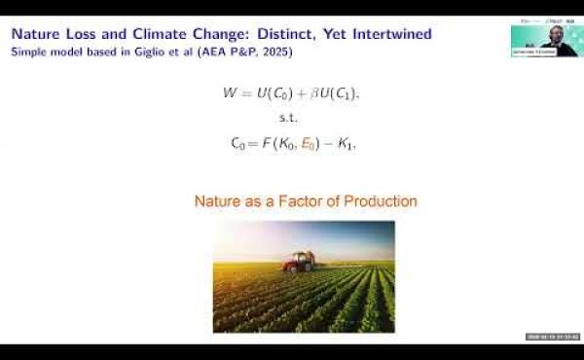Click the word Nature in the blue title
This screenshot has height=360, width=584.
tap(37, 34)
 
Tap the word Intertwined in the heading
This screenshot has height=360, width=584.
tap(383, 34)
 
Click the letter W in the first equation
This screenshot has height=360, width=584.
tap(230, 93)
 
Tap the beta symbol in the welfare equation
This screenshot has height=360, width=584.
tap(311, 93)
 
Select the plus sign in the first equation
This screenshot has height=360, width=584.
tap(298, 93)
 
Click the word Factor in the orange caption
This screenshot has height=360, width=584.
tap(275, 201)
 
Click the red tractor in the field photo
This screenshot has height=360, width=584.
tap(298, 261)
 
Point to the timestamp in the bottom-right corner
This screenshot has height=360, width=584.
tap(552, 337)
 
